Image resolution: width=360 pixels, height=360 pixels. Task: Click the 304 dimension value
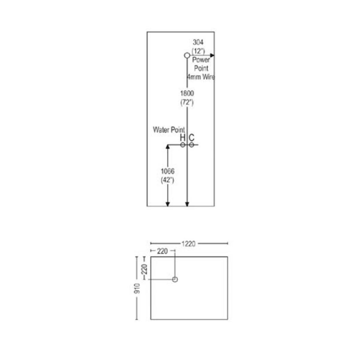point(198,42)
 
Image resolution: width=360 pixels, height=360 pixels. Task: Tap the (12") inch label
point(198,51)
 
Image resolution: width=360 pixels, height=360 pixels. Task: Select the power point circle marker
point(187,55)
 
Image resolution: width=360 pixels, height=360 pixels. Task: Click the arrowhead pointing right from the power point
point(212,55)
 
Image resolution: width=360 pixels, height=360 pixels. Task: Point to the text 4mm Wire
point(201,77)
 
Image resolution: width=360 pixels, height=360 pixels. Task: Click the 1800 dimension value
point(187,93)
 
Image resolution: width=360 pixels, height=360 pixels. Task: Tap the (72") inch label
point(187,102)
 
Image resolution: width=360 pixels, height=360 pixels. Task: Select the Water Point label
point(169,130)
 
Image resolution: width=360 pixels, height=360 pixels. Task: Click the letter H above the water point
point(182,138)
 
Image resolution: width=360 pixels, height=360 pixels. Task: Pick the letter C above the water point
point(192,138)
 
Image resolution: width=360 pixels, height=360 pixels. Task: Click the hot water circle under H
point(183,145)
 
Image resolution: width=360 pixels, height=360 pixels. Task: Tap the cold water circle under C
point(191,145)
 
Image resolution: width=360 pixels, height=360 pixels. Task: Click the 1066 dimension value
point(168,171)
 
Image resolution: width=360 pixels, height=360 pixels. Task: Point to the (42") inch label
point(167,180)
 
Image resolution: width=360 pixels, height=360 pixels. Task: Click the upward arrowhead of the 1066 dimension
point(168,147)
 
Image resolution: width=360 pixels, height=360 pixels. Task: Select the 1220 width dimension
point(188,244)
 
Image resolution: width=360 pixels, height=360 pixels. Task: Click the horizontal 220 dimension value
point(162,251)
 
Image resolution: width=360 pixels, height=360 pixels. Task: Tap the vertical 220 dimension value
point(144,269)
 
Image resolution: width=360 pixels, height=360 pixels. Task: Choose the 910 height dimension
point(137,288)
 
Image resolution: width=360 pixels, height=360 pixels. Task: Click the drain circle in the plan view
point(175,280)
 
